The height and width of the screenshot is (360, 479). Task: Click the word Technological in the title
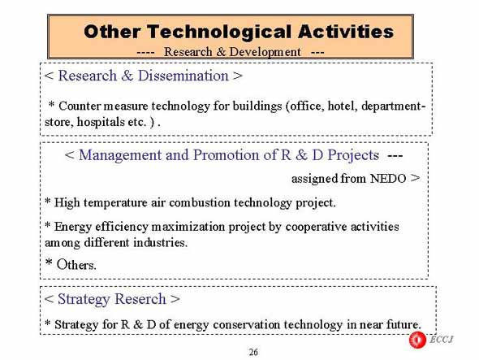(220, 33)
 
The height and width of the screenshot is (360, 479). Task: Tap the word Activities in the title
(346, 32)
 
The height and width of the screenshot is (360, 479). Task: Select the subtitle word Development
(265, 52)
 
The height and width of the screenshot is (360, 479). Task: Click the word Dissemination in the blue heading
(183, 76)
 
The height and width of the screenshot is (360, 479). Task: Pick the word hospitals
(101, 123)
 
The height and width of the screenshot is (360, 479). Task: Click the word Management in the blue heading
(120, 155)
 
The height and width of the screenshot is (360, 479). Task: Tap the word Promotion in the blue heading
(226, 154)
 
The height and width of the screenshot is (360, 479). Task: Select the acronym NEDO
(388, 178)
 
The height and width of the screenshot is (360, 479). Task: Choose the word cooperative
(316, 227)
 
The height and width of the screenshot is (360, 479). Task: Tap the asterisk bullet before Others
(49, 262)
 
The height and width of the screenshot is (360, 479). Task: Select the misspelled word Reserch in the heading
(140, 299)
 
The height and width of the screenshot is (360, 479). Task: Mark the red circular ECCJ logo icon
(417, 340)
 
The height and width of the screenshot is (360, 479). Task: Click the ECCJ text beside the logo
(442, 339)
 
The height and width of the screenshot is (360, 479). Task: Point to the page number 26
(253, 353)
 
